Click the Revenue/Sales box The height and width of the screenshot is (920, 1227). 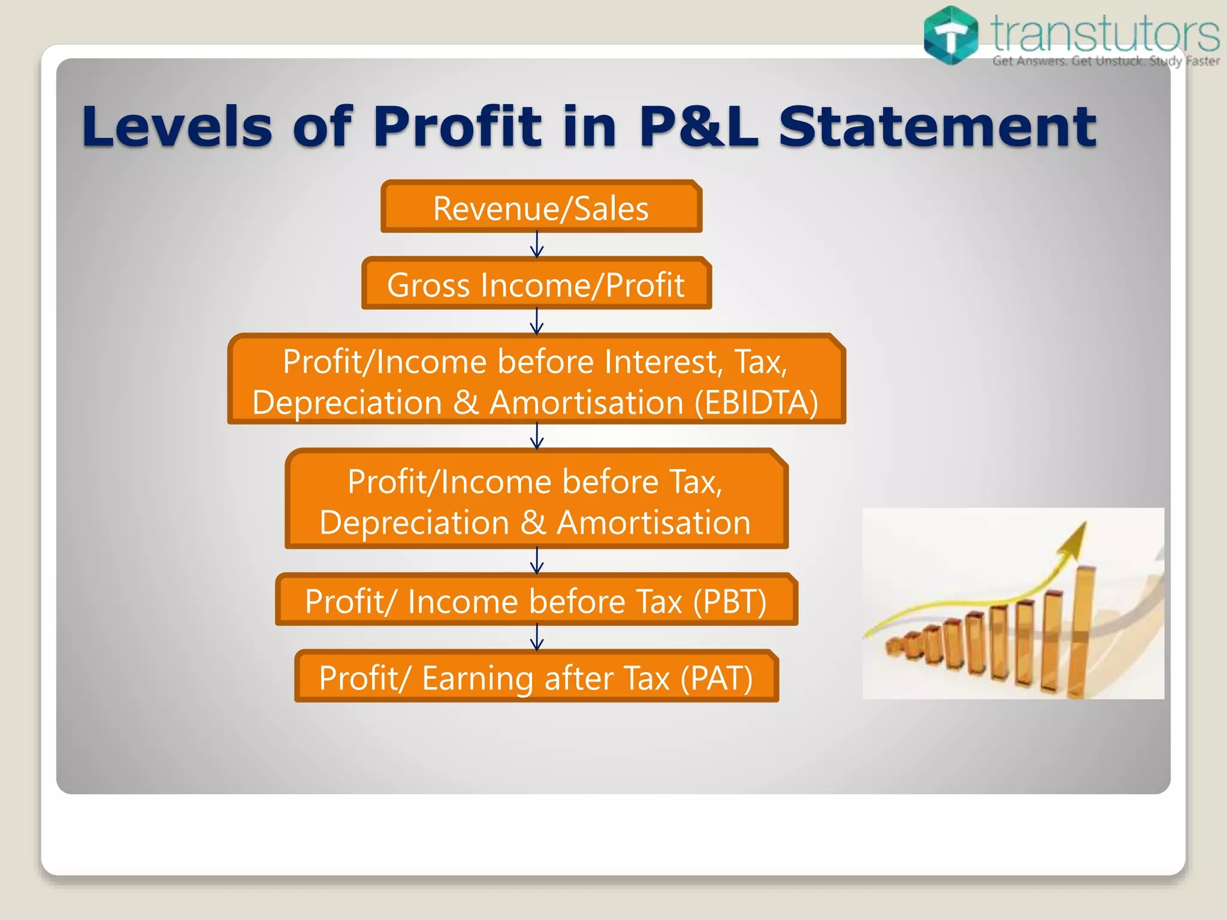541,208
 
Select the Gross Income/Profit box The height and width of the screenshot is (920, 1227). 536,285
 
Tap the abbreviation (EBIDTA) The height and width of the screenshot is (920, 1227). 756,402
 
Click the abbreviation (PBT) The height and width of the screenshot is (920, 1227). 729,601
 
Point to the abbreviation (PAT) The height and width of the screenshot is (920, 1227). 716,678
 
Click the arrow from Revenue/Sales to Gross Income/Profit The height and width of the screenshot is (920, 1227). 537,245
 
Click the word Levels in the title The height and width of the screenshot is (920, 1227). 177,126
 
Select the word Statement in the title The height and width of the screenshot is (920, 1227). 937,126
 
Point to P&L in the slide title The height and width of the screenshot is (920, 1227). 699,126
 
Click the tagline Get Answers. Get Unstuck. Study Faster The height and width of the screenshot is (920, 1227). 1105,61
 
